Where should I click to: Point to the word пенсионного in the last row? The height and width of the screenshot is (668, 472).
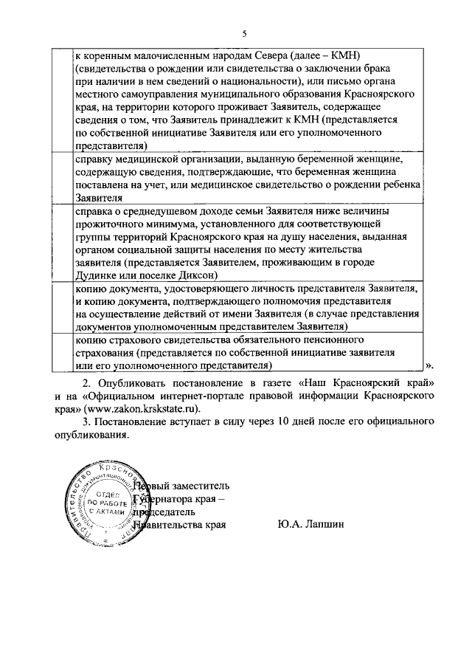[x=335, y=339]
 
